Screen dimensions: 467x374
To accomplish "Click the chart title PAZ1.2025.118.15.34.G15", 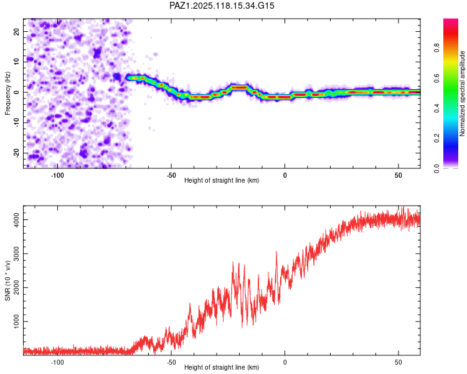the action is (x=222, y=6).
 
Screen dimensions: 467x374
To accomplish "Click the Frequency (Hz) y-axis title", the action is (x=7, y=93).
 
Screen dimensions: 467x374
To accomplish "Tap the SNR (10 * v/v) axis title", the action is (x=7, y=280).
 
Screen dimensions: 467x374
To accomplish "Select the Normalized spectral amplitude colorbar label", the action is (x=462, y=93).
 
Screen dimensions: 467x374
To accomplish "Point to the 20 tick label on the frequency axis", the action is (x=16, y=31).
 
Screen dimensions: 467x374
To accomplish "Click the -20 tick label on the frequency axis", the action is (x=16, y=153).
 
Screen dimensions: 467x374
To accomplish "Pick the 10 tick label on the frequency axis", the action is (x=16, y=62).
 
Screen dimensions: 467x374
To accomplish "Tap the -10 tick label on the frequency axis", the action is (x=16, y=123).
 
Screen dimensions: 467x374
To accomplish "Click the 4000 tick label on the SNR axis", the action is (x=16, y=220).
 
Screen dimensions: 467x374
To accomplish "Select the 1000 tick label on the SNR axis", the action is (x=16, y=322).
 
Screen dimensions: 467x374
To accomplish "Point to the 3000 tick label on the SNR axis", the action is (x=16, y=254).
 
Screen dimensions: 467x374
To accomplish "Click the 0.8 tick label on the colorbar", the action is (x=436, y=48).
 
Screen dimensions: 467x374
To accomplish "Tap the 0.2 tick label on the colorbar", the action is (x=436, y=138).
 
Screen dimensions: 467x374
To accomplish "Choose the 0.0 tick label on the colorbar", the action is (x=436, y=168).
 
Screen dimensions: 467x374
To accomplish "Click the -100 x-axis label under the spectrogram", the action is (x=57, y=175).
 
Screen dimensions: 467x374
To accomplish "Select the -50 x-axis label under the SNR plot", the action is (x=171, y=362).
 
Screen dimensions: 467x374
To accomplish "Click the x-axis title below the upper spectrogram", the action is (x=222, y=180).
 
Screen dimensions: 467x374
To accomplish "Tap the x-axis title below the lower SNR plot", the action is (x=222, y=367).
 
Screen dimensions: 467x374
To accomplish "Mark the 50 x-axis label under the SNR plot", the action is (x=399, y=362).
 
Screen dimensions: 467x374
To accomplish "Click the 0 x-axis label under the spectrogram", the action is (x=285, y=175).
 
